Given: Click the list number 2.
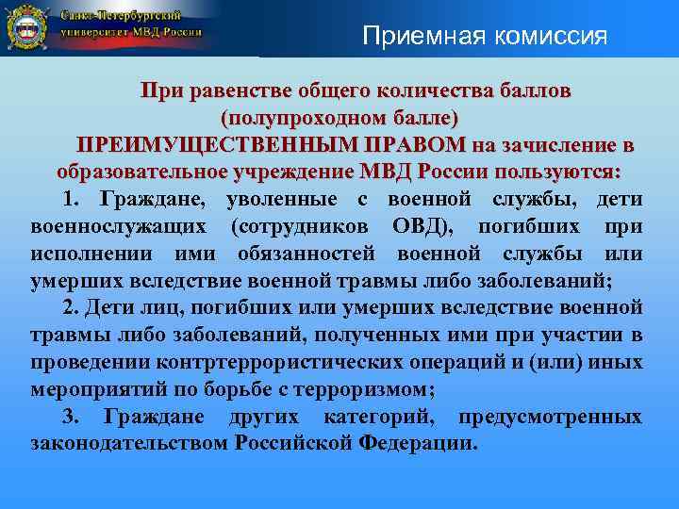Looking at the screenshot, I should (69, 308).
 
